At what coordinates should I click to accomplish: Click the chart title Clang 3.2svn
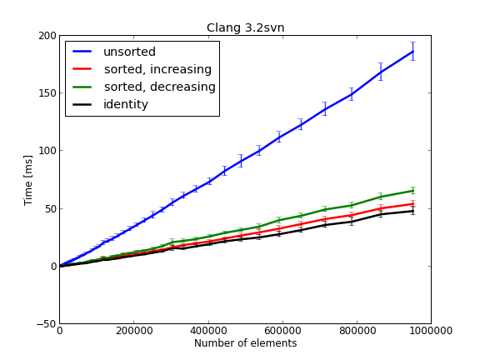pos(245,27)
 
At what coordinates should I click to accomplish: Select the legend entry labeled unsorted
pos(129,52)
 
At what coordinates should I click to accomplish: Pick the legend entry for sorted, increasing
pos(157,69)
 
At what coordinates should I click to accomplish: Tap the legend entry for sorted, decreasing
pos(159,87)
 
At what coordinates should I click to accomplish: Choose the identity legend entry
pos(125,104)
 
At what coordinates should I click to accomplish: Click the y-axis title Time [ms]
pos(28,179)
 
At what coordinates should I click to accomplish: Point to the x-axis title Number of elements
pos(245,343)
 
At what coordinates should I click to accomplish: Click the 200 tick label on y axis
pos(45,36)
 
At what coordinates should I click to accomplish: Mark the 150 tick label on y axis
pos(45,93)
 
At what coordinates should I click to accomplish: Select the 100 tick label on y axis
pos(45,151)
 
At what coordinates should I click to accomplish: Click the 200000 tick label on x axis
pos(133,331)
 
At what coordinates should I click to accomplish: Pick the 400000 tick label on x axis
pos(207,331)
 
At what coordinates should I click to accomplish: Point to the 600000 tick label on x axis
pos(282,331)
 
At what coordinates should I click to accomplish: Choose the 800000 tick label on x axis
pos(356,331)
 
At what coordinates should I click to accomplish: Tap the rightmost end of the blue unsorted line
pos(412,52)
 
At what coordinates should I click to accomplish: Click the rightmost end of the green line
pos(412,191)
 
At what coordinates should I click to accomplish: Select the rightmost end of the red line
pos(412,203)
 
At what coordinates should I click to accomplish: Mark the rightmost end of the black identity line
pos(412,211)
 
